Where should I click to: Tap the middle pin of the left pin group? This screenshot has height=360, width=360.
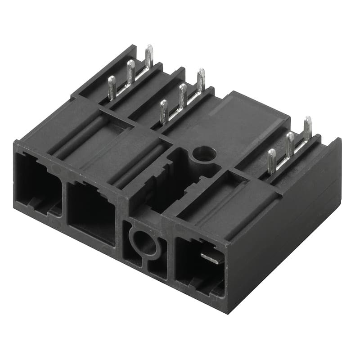click(x=130, y=72)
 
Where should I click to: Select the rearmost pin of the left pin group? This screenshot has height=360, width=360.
click(x=149, y=56)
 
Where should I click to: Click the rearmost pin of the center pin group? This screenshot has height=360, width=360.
click(x=201, y=80)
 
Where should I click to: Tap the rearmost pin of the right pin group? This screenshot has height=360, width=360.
click(x=307, y=128)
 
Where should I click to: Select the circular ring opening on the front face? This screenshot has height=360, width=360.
click(x=144, y=243)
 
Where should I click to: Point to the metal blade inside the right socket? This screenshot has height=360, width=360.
click(x=211, y=257)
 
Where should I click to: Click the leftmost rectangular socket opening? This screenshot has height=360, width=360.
click(x=38, y=184)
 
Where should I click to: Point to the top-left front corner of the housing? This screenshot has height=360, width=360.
click(x=16, y=144)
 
